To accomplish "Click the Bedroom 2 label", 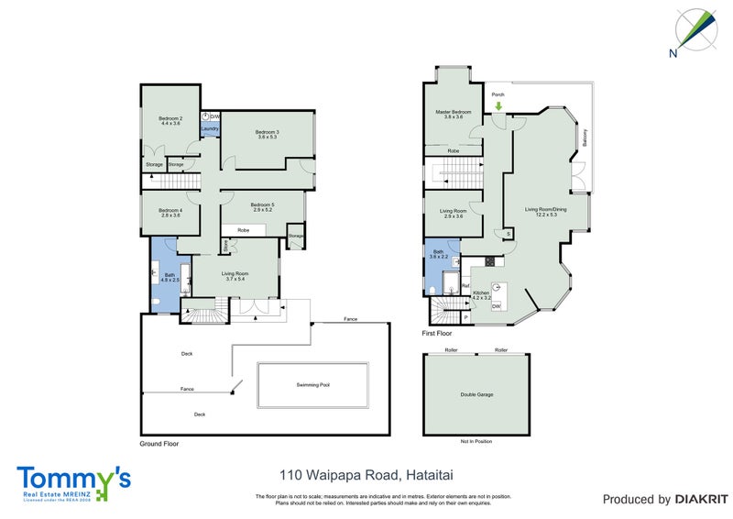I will tap(170, 119).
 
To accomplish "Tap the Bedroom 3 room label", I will tap(267, 133).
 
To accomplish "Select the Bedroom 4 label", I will tap(170, 211).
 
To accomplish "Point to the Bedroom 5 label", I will tap(262, 205).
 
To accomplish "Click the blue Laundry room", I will tap(209, 129).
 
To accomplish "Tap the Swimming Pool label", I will tap(312, 385).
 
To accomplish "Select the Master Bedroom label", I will tap(454, 112).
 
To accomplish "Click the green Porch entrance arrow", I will tap(498, 106).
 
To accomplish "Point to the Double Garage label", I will tap(476, 394).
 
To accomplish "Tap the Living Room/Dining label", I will tap(546, 210).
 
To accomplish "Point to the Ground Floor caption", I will tap(159, 444).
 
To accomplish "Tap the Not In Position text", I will tap(476, 442).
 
